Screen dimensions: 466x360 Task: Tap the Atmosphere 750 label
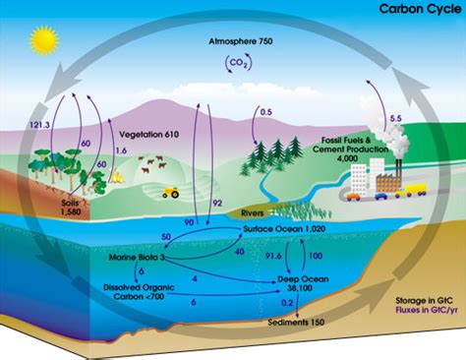(x=245, y=44)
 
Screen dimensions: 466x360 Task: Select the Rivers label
(x=253, y=211)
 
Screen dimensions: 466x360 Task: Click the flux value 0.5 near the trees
(x=265, y=112)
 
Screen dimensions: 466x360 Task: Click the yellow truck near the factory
(x=415, y=188)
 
